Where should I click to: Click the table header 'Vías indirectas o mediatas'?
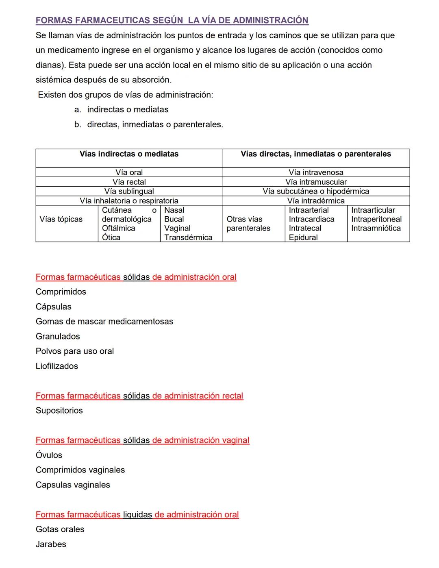click(129, 154)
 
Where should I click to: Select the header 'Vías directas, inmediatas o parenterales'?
click(316, 154)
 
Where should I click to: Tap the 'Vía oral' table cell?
click(129, 172)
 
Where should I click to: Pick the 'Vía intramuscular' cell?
click(316, 182)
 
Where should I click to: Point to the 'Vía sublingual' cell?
click(129, 191)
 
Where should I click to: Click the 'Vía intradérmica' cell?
click(316, 200)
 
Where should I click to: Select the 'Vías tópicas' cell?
click(61, 219)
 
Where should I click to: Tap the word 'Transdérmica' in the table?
click(188, 237)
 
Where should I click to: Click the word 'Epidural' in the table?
click(303, 237)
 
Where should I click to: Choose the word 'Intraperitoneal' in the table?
click(376, 219)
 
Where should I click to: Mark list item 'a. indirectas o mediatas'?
click(128, 109)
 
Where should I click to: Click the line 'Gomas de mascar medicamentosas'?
click(104, 322)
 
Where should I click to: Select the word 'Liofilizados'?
click(57, 366)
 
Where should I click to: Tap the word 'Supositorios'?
click(59, 411)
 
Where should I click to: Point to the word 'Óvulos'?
click(49, 455)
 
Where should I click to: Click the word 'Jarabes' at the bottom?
click(51, 544)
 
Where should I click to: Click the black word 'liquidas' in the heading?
click(137, 514)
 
